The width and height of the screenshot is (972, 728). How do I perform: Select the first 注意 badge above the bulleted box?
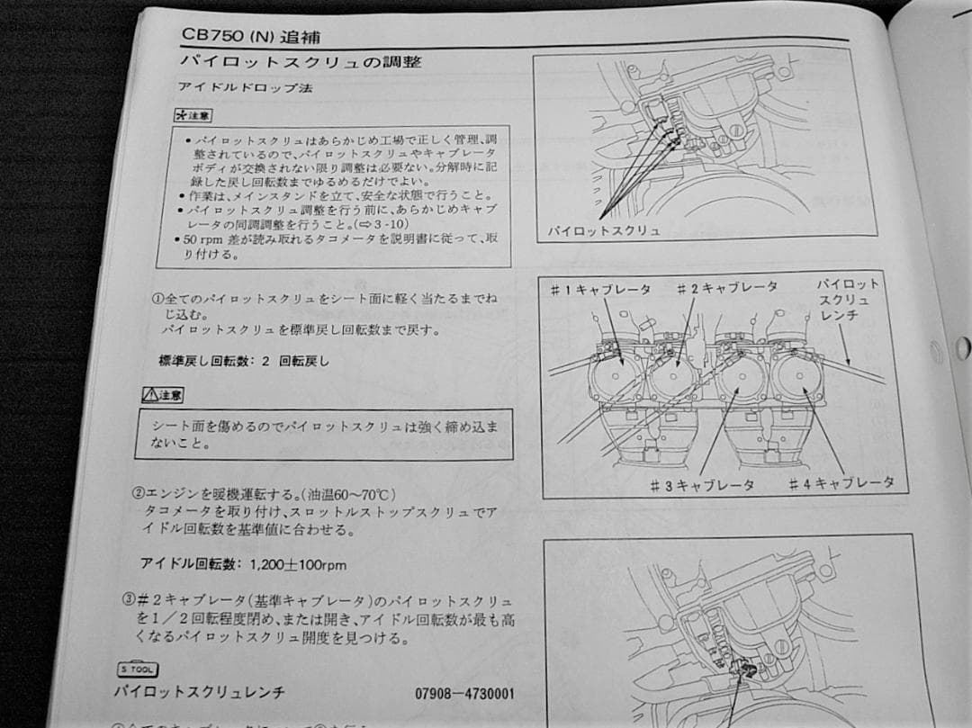pos(193,117)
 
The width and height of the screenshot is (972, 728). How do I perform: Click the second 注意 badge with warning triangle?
pos(162,395)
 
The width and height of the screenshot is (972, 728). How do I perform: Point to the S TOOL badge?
pos(138,669)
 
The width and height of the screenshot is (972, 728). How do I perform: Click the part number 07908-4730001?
pos(465,695)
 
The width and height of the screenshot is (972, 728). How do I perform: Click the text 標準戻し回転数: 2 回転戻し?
pos(244,361)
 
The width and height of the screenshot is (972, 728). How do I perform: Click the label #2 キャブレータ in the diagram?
pos(727,287)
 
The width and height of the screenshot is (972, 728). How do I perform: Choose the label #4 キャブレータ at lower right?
pos(841,482)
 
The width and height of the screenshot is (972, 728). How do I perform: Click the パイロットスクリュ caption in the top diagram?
pos(604,230)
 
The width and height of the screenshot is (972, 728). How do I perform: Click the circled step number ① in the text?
pos(157,297)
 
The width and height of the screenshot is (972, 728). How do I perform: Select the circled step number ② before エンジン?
pos(138,494)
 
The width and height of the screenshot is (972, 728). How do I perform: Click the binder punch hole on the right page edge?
pos(960,346)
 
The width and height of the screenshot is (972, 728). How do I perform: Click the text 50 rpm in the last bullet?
pos(202,240)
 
